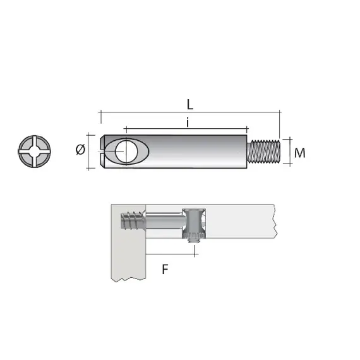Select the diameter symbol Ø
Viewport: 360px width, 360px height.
tap(80, 150)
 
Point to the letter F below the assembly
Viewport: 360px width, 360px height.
tap(165, 270)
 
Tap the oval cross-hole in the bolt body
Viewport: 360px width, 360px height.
tap(124, 152)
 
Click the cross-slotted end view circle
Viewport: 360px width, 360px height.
tap(32, 152)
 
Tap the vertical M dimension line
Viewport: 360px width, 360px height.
tap(289, 152)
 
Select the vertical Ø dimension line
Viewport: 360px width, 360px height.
tap(90, 152)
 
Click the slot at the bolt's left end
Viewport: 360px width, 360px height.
tap(103, 152)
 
